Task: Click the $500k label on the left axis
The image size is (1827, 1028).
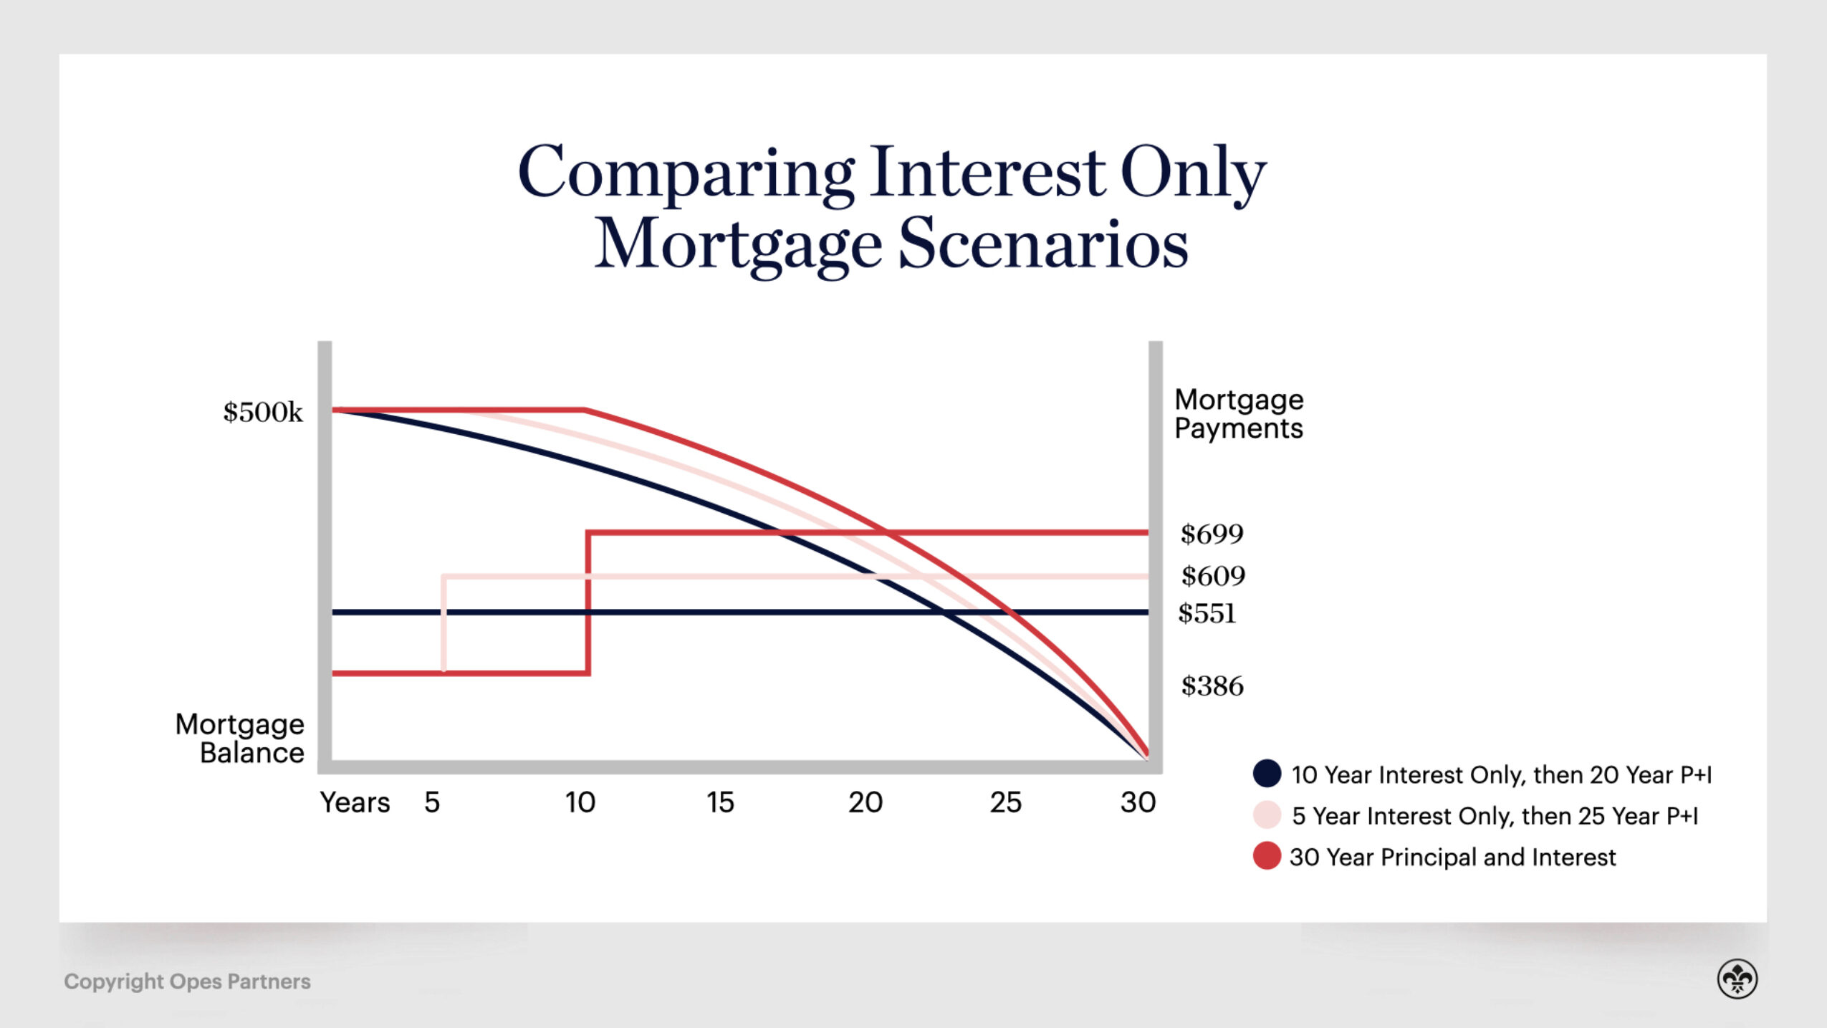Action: pyautogui.click(x=263, y=413)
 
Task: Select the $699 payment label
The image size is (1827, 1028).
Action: pyautogui.click(x=1212, y=534)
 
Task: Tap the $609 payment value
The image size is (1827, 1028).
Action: pyautogui.click(x=1213, y=576)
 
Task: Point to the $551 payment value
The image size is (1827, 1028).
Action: pyautogui.click(x=1207, y=614)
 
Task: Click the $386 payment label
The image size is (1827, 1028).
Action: pyautogui.click(x=1212, y=686)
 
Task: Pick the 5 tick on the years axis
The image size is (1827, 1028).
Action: pyautogui.click(x=431, y=802)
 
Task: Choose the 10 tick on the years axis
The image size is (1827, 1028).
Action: pyautogui.click(x=580, y=802)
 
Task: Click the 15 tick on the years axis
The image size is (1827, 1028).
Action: pyautogui.click(x=720, y=802)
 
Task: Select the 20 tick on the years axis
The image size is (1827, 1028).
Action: pyautogui.click(x=865, y=802)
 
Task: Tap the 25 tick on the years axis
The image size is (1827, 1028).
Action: pyautogui.click(x=1005, y=802)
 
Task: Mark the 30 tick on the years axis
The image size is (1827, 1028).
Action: pyautogui.click(x=1138, y=802)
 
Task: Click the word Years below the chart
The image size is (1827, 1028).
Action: pyautogui.click(x=355, y=802)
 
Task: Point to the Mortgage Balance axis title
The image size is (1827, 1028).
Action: pyautogui.click(x=240, y=739)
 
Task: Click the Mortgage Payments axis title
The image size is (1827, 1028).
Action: pyautogui.click(x=1239, y=413)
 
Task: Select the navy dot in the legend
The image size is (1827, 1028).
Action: pyautogui.click(x=1267, y=774)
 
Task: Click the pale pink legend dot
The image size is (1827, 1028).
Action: pyautogui.click(x=1267, y=815)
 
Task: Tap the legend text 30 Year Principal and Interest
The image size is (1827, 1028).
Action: pyautogui.click(x=1452, y=857)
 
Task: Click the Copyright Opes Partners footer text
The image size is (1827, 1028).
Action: pyautogui.click(x=187, y=981)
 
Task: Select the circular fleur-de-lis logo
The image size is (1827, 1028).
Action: pyautogui.click(x=1737, y=979)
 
